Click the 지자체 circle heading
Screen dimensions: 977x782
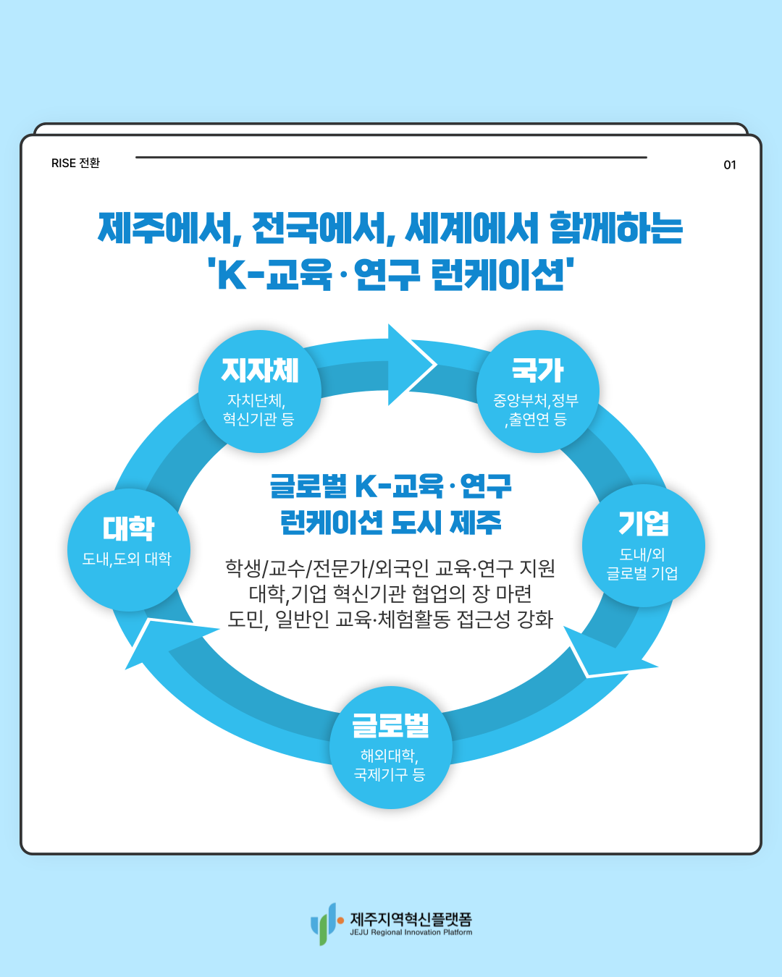[260, 371]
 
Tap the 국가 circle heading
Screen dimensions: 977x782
[537, 371]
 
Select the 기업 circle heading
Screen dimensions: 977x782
[643, 523]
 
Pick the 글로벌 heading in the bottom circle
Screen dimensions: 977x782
[390, 725]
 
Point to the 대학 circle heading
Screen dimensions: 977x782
[128, 528]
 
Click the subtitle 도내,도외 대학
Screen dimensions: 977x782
[127, 559]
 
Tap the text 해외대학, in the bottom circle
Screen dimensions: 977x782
[390, 756]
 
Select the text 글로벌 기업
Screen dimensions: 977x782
[642, 573]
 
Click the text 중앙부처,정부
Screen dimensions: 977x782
[536, 400]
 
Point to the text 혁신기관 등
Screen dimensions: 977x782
[258, 419]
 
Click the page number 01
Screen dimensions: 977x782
[730, 165]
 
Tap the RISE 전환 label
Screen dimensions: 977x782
[75, 164]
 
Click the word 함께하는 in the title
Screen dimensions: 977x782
[615, 228]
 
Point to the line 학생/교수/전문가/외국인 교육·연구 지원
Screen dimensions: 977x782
[390, 568]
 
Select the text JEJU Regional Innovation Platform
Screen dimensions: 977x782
[411, 933]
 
